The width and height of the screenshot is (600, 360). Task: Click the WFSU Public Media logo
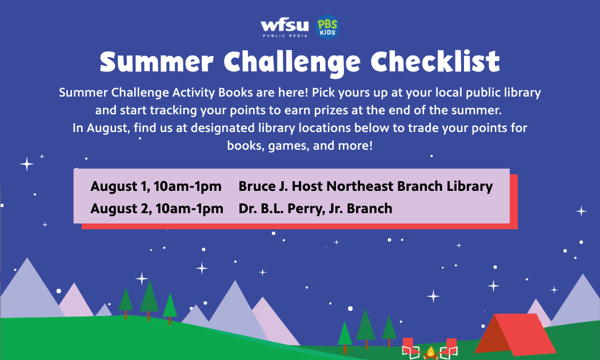pos(285,29)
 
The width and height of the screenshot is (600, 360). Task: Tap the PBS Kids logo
pos(327,27)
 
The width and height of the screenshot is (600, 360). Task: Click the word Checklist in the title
pos(435,61)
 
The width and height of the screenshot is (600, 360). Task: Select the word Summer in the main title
pos(157,62)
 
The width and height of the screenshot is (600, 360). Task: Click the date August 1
pos(120,187)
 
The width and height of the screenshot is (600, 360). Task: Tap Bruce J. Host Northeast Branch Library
pos(366,186)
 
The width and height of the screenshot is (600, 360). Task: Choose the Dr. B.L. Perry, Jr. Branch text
pos(315,209)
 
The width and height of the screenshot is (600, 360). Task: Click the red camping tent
pos(515,334)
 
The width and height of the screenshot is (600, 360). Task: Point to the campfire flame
pos(430,352)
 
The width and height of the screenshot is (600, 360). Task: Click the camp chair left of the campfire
pos(410,348)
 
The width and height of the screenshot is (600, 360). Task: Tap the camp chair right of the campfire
pos(450,348)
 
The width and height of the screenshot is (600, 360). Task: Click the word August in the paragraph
pos(108,128)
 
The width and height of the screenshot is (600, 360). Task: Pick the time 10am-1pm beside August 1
pos(187,186)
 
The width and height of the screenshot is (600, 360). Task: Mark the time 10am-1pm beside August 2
pos(189,209)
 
